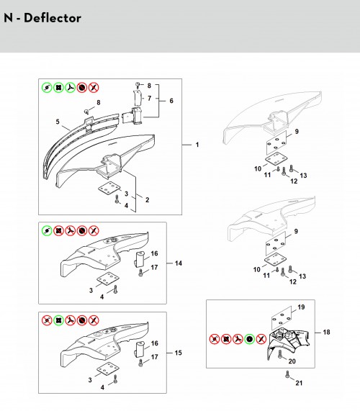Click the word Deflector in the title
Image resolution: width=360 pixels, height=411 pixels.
coord(52,18)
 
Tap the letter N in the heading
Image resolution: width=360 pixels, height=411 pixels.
coord(8,18)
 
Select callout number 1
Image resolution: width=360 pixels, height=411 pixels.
coord(197,145)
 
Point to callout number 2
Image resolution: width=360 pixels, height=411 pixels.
coord(147,200)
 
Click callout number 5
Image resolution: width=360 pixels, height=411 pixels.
coord(58,122)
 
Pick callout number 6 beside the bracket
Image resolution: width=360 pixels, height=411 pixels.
coord(171,101)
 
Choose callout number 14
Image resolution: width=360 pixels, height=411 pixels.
coord(179,263)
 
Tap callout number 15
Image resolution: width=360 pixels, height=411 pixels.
coord(179,353)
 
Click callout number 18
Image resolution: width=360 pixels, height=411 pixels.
coord(326,333)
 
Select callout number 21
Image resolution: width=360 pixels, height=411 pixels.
coord(299,383)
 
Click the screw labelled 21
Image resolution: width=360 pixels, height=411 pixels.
coord(287,374)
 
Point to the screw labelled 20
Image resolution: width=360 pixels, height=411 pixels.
coord(280,355)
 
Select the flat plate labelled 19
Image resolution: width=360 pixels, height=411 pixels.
coord(282,317)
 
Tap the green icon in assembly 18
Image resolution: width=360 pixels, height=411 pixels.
coord(250,339)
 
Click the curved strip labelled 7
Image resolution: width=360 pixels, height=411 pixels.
coord(138,97)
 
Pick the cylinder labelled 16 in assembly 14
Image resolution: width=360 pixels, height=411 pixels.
coord(140,259)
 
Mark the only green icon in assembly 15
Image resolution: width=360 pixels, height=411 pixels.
coord(58,320)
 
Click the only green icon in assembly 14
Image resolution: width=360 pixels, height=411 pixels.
coord(47,230)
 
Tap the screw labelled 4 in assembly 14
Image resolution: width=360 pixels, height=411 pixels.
coord(116,289)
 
